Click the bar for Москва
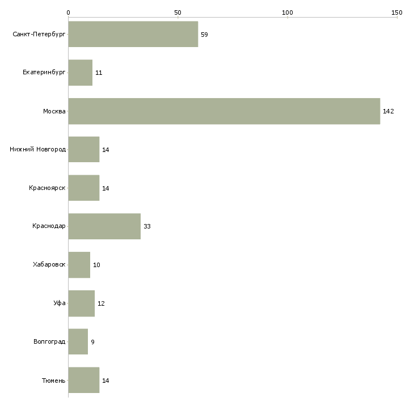click(x=224, y=111)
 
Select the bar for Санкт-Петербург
click(x=133, y=35)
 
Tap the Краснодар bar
click(x=104, y=226)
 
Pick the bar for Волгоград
click(x=78, y=342)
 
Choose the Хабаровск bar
click(x=79, y=265)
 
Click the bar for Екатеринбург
click(x=81, y=73)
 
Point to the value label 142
click(x=388, y=111)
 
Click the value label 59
click(x=204, y=35)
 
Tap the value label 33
click(x=147, y=226)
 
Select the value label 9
click(x=92, y=342)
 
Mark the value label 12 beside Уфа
click(x=101, y=303)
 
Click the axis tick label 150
click(x=396, y=12)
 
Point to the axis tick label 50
click(x=178, y=12)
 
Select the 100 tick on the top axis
click(x=287, y=12)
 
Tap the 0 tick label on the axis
click(x=68, y=12)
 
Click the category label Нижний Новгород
click(x=37, y=150)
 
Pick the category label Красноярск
click(x=47, y=188)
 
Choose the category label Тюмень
click(x=53, y=381)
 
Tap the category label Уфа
click(x=60, y=303)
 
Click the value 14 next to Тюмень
click(x=105, y=381)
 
